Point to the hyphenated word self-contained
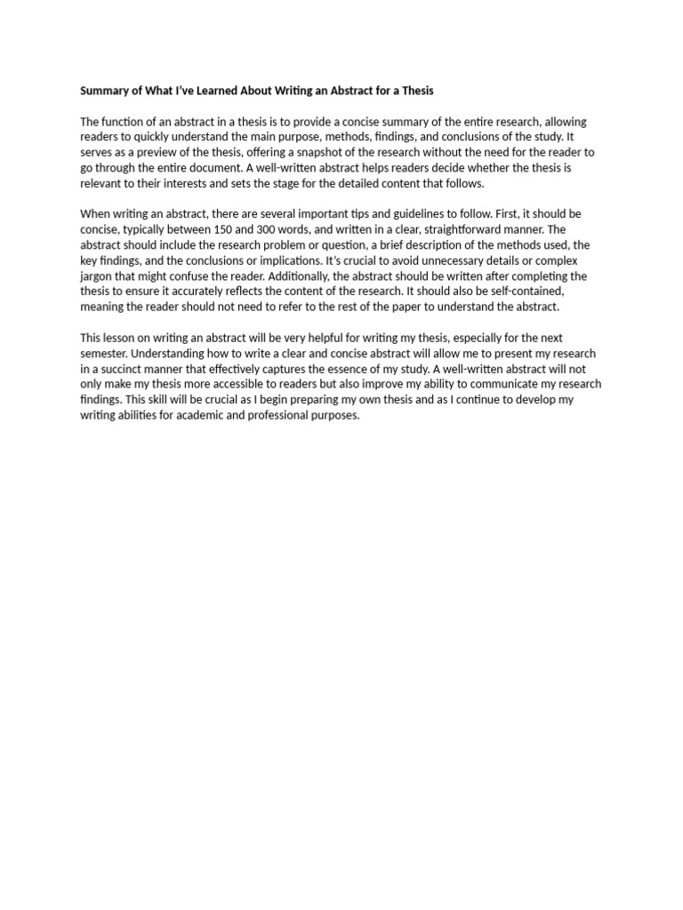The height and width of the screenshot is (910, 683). click(548, 291)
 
